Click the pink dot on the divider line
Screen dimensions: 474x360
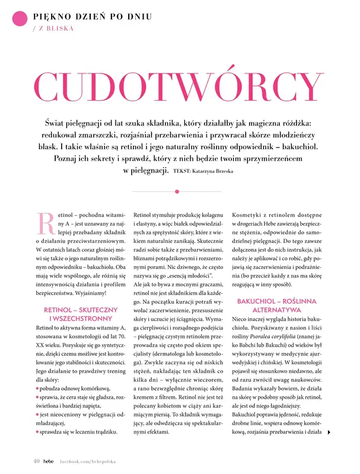point(177,191)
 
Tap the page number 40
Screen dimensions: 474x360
point(37,460)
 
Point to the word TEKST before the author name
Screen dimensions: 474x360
point(182,171)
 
